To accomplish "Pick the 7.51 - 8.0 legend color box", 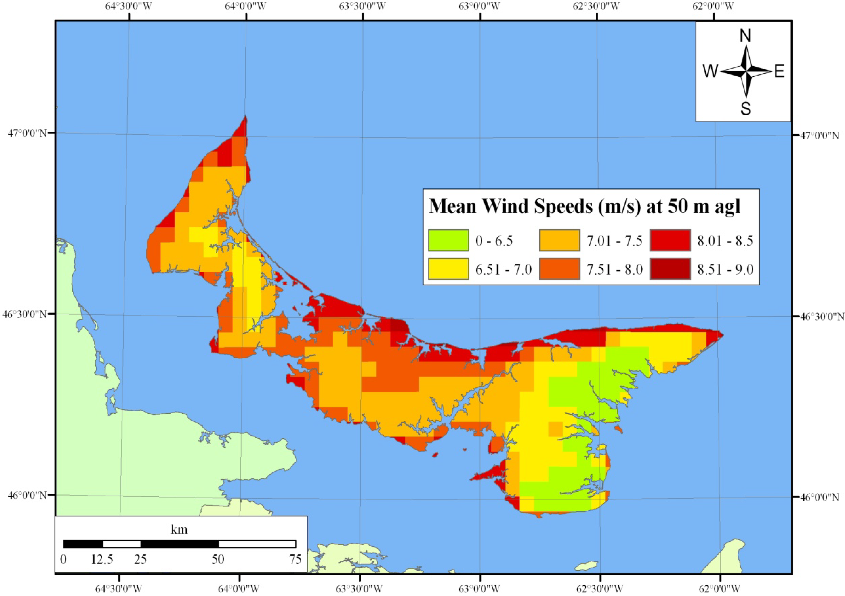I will (x=559, y=269).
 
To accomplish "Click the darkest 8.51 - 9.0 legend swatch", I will (x=670, y=269).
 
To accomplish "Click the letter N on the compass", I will (x=745, y=36).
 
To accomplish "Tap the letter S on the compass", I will (x=745, y=109).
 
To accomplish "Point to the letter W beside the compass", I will (x=710, y=71).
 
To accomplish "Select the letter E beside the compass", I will (x=779, y=71).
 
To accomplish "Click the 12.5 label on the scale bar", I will (x=102, y=559).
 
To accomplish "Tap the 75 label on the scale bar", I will (x=295, y=559).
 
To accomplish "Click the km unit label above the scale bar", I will (x=179, y=530).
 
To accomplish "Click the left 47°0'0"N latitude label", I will (x=27, y=133).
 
